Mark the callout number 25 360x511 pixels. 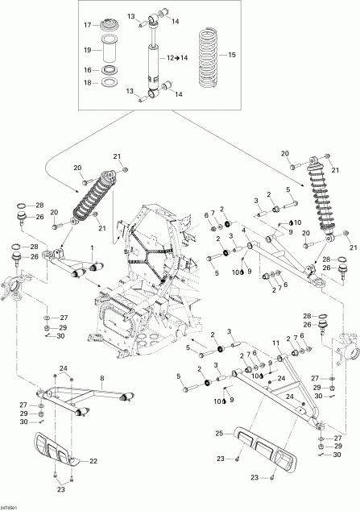pyautogui.click(x=217, y=434)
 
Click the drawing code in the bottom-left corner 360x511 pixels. pyautogui.click(x=10, y=506)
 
